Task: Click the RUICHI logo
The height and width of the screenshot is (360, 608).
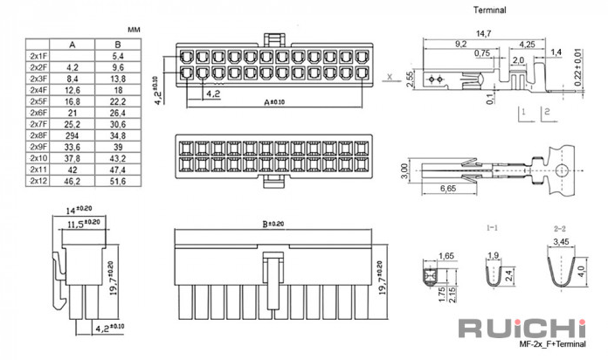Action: pyautogui.click(x=522, y=329)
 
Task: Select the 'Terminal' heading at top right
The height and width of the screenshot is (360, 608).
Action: pyautogui.click(x=490, y=10)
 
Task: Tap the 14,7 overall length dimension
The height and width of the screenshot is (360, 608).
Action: pyautogui.click(x=484, y=34)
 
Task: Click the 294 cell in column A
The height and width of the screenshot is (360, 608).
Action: pyautogui.click(x=73, y=135)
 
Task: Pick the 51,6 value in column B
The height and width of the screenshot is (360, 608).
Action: pyautogui.click(x=118, y=181)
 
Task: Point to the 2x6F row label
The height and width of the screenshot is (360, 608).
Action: pyautogui.click(x=38, y=113)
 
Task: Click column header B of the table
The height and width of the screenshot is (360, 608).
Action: pyautogui.click(x=118, y=45)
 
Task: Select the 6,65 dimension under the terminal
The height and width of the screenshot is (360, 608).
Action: pyautogui.click(x=448, y=189)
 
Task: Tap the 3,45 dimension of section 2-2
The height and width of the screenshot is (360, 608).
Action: pyautogui.click(x=561, y=242)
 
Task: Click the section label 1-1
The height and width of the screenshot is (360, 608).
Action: pyautogui.click(x=492, y=228)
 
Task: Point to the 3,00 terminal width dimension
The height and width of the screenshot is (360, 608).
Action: pyautogui.click(x=404, y=171)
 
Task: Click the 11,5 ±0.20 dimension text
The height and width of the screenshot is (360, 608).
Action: pyautogui.click(x=84, y=224)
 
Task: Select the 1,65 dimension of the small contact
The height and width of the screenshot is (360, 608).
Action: pyautogui.click(x=446, y=256)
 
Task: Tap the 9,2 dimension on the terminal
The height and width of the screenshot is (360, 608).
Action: pyautogui.click(x=460, y=45)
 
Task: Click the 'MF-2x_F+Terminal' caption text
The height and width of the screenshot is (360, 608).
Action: pyautogui.click(x=552, y=343)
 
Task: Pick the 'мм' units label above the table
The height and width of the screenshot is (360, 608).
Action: pyautogui.click(x=134, y=30)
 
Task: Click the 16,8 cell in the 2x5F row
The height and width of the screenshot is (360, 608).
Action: pyautogui.click(x=73, y=101)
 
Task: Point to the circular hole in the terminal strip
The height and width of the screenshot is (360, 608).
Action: pyautogui.click(x=562, y=170)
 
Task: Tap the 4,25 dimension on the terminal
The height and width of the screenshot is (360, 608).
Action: pyautogui.click(x=527, y=45)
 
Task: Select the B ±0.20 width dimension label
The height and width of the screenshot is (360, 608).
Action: pyautogui.click(x=273, y=225)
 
